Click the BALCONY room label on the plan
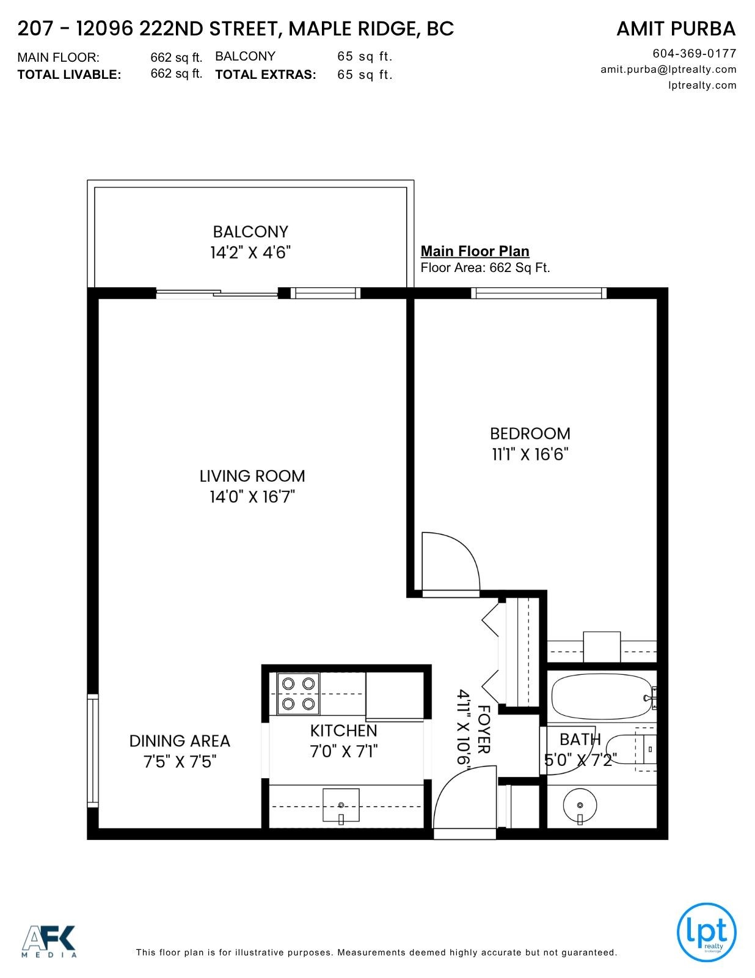pos(250,232)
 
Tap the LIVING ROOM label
pos(252,476)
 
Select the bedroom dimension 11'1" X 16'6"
pos(530,455)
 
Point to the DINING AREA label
pos(180,741)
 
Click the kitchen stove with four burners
pos(298,694)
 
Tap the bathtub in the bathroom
pos(602,697)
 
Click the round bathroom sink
pos(580,805)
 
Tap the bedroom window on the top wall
pos(539,293)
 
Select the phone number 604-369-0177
pos(695,54)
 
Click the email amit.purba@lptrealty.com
pos(668,69)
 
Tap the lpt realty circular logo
pos(706,932)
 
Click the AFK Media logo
pos(49,941)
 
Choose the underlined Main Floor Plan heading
pos(475,251)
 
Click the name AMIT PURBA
pos(676,29)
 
